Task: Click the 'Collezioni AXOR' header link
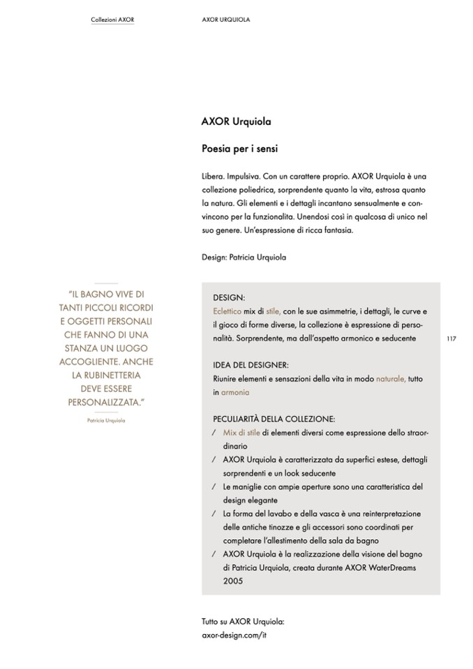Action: tap(112, 20)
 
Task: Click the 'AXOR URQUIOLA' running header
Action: tap(225, 20)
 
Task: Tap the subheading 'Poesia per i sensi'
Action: tap(240, 149)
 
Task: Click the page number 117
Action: tap(451, 338)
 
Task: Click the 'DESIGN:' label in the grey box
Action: tap(229, 297)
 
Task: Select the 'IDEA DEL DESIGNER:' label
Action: tap(250, 365)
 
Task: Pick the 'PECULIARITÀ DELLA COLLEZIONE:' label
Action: tap(274, 419)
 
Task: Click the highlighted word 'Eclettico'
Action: tap(227, 310)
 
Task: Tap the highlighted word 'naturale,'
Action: tap(391, 379)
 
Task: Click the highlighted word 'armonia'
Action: tap(235, 393)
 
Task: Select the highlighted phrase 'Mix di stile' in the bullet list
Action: tap(241, 433)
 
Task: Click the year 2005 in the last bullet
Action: tap(233, 581)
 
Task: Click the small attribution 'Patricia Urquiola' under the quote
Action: tap(106, 421)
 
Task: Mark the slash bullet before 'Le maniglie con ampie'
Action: tap(213, 487)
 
